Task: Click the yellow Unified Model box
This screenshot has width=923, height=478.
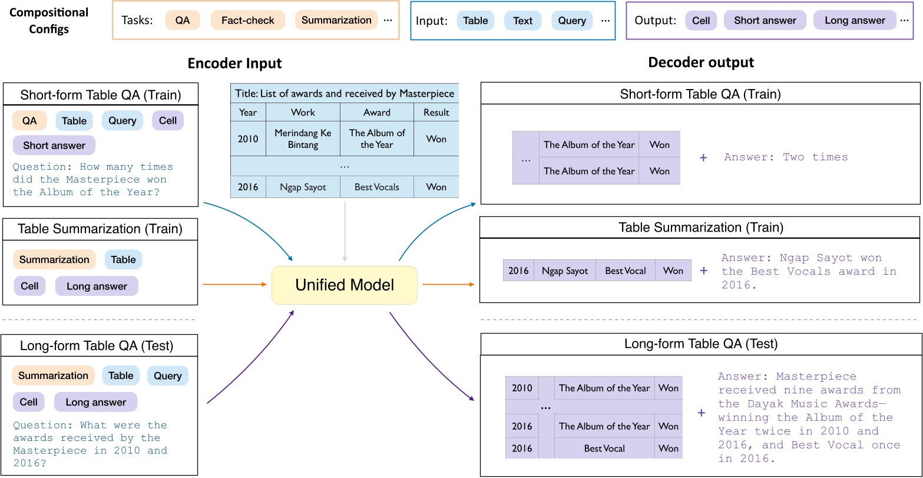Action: click(344, 285)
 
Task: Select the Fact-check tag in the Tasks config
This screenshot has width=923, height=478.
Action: click(247, 20)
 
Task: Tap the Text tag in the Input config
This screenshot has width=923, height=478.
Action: click(522, 20)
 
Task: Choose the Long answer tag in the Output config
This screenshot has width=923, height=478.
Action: click(855, 20)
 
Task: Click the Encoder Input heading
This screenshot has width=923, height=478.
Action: click(234, 64)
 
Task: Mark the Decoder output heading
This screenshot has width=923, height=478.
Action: click(701, 62)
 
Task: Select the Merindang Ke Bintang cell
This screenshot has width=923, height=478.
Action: click(303, 139)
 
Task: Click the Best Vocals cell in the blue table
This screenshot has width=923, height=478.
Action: click(376, 187)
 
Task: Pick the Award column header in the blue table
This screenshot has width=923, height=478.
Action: click(376, 112)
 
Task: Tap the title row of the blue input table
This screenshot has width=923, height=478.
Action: click(345, 93)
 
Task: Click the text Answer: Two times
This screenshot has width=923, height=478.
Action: click(786, 157)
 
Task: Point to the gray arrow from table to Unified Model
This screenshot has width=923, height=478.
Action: click(345, 230)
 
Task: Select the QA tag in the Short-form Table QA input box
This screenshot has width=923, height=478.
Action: click(29, 121)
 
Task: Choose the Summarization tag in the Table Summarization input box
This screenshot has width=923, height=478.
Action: click(54, 259)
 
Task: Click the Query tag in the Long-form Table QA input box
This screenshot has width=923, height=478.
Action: click(167, 375)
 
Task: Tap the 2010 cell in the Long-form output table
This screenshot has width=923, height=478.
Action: click(521, 388)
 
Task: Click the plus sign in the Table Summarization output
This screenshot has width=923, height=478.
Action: click(703, 271)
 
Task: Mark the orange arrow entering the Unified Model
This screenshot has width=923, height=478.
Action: click(236, 285)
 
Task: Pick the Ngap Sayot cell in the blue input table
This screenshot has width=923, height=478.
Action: click(303, 187)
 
